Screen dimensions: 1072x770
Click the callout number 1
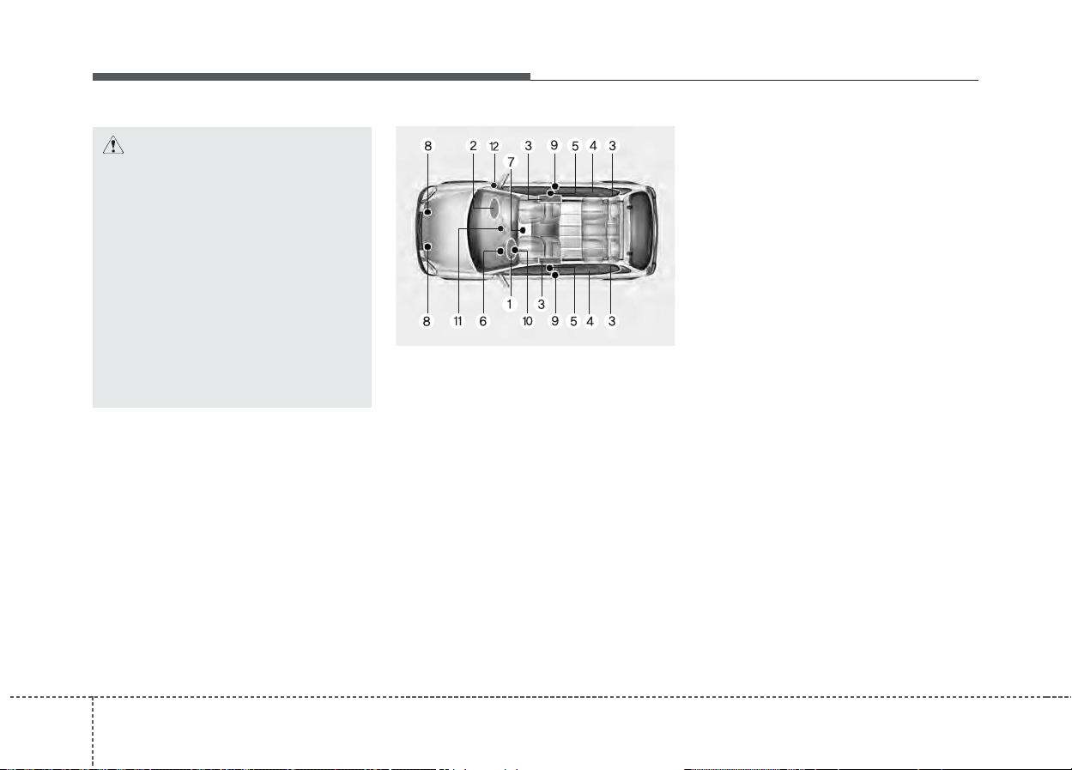(x=509, y=304)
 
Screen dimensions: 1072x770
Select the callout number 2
(x=473, y=146)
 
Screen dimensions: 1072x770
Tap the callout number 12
(x=494, y=147)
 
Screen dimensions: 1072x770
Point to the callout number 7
(x=511, y=162)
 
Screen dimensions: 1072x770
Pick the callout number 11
(x=458, y=321)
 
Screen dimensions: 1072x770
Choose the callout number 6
(x=483, y=321)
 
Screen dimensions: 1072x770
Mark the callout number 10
(x=527, y=321)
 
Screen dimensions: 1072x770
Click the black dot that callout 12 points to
(x=494, y=185)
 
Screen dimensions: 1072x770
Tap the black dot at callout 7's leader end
(x=523, y=230)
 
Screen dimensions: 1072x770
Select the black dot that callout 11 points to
(x=500, y=228)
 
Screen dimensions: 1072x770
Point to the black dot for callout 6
(x=500, y=251)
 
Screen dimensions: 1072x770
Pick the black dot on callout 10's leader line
(x=514, y=249)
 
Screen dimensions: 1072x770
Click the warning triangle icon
(x=113, y=145)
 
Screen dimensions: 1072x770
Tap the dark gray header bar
(x=311, y=76)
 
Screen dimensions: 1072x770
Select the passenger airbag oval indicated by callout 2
(x=493, y=209)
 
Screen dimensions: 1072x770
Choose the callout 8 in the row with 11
(x=427, y=321)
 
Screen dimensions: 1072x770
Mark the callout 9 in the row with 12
(x=554, y=145)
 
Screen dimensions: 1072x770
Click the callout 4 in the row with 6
(x=591, y=321)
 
